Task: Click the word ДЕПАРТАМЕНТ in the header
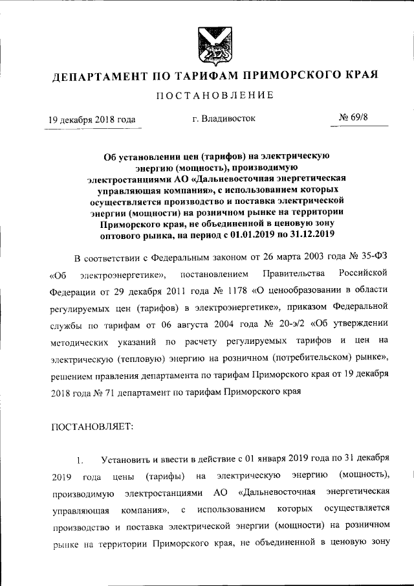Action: point(98,76)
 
